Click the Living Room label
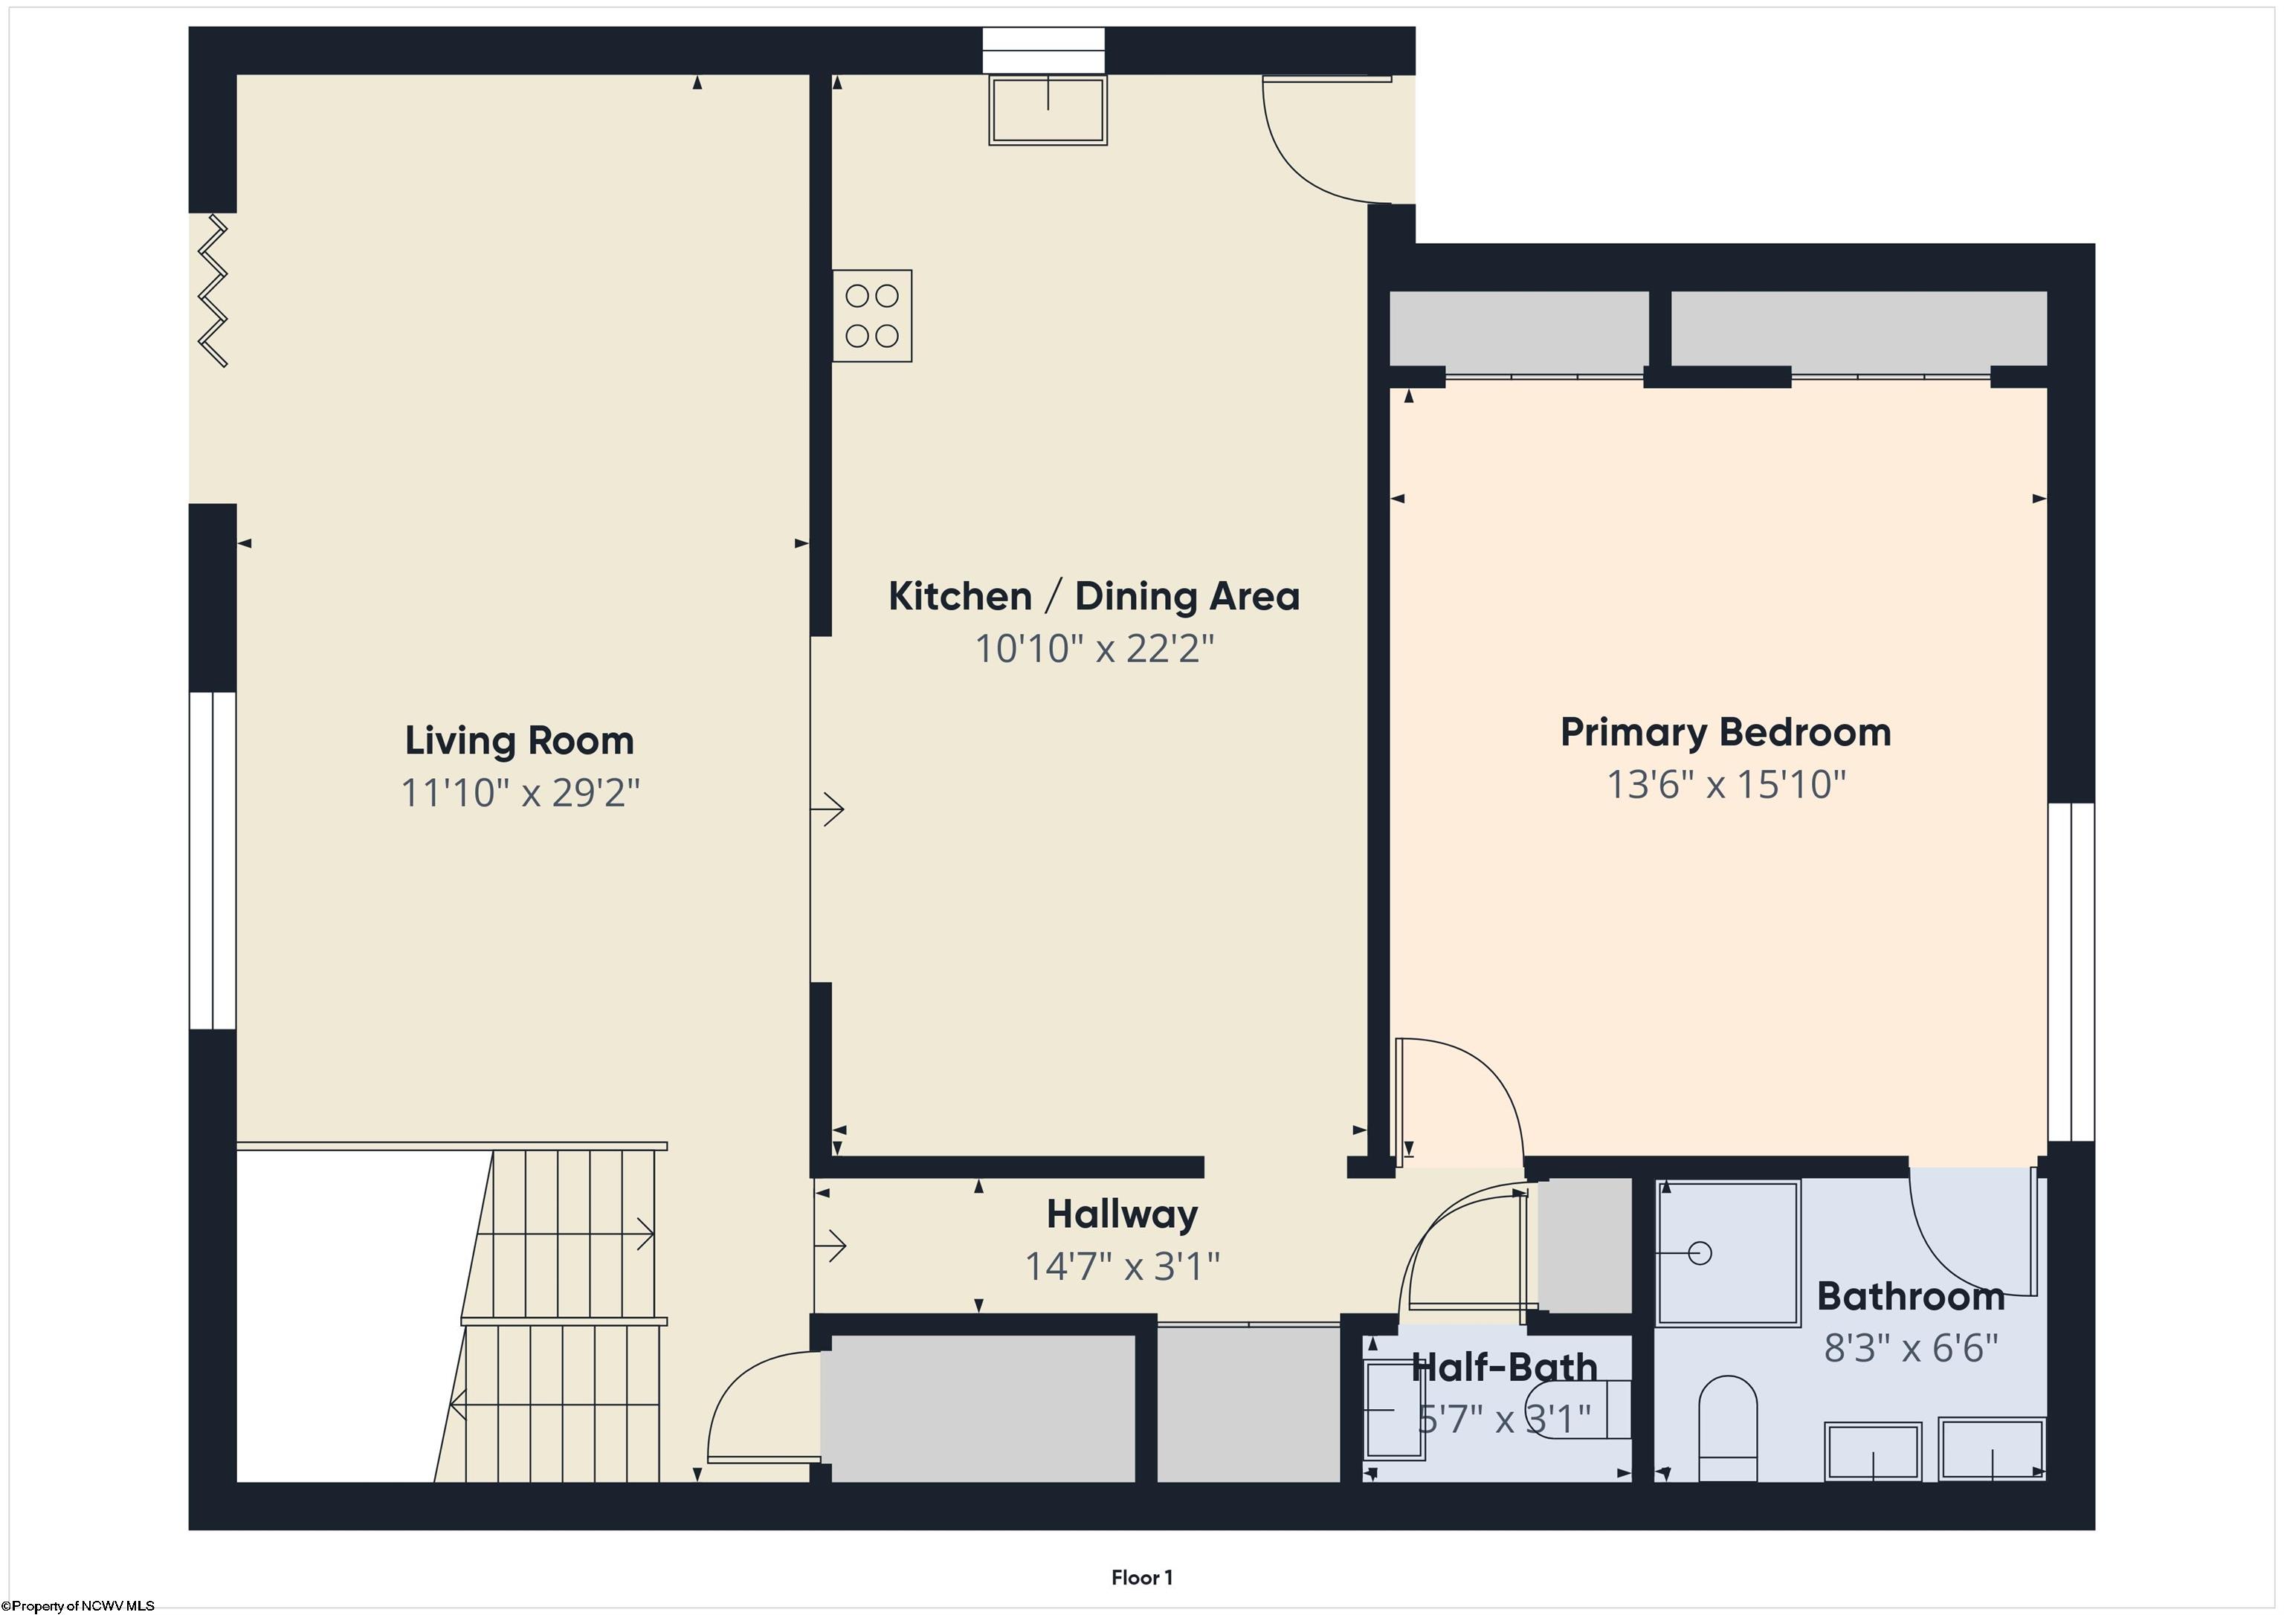[x=519, y=741]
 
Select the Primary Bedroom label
[x=1726, y=733]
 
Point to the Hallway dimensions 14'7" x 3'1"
[x=1122, y=1266]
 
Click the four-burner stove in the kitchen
[x=872, y=315]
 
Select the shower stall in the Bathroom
[x=1729, y=1253]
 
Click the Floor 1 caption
[x=1142, y=1577]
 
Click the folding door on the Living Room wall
[x=213, y=291]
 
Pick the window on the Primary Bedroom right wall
[x=2071, y=971]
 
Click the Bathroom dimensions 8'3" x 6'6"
[x=1911, y=1348]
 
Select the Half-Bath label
[x=1504, y=1368]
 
